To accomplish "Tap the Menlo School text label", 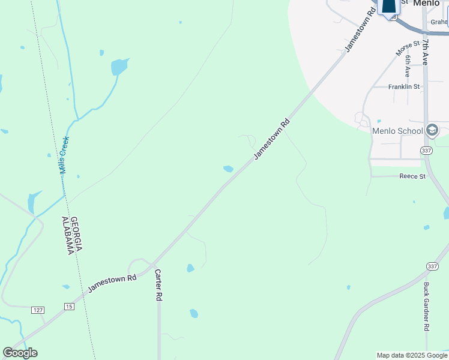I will click(397, 131).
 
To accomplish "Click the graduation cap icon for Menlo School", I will click(432, 130).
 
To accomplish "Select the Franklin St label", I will click(403, 86).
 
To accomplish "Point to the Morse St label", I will click(408, 49).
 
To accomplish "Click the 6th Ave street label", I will click(408, 65).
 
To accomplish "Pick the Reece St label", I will click(412, 176).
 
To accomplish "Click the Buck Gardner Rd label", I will click(426, 307).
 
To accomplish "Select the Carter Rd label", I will click(158, 284).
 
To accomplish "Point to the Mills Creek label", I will click(64, 155).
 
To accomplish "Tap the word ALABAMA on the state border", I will click(68, 236).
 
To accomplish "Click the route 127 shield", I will click(38, 310).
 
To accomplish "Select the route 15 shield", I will click(69, 307).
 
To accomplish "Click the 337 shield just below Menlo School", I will click(427, 150).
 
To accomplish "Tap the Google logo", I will click(20, 353).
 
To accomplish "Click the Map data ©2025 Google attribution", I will click(412, 355).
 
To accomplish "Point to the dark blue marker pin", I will click(389, 5).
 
